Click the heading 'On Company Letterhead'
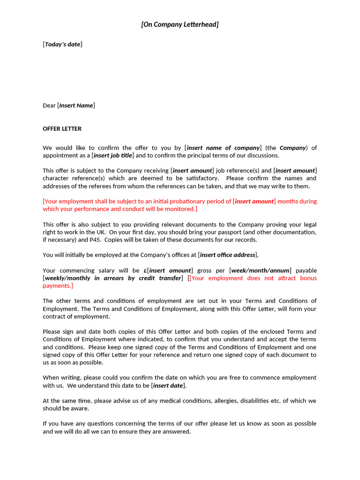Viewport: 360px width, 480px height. coord(180,24)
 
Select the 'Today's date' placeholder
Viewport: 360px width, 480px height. coord(62,45)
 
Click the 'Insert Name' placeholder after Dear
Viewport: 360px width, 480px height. coord(76,105)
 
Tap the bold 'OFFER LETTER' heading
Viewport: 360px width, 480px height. coord(62,128)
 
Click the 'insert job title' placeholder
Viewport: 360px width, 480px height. coord(113,155)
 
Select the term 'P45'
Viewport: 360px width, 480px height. coord(94,240)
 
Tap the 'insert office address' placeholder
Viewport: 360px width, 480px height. coord(228,255)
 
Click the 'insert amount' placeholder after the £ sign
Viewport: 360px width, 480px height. coord(170,270)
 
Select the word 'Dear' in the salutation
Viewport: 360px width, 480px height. coord(49,105)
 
